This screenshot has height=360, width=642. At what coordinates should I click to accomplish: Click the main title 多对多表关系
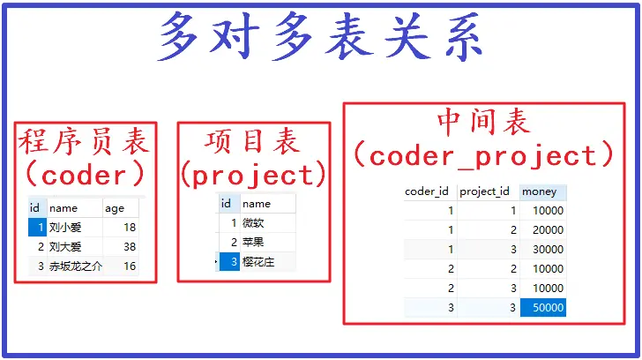click(x=321, y=37)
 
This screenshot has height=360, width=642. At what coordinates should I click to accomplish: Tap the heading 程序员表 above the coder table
click(x=85, y=141)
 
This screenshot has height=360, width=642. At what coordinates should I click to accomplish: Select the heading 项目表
click(x=252, y=141)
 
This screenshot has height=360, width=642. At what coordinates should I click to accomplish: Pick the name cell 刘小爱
click(x=68, y=228)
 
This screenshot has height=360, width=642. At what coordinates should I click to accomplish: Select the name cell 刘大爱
click(x=68, y=247)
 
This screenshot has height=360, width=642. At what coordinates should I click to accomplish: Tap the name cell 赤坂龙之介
click(x=75, y=266)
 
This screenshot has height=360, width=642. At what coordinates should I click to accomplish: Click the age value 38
click(x=129, y=247)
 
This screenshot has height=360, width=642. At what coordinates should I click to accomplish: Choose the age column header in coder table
click(x=116, y=208)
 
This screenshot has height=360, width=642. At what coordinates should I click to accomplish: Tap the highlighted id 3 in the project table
click(x=228, y=262)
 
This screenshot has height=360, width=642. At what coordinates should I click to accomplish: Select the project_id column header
click(x=485, y=191)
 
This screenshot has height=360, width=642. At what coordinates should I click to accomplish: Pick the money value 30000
click(x=545, y=250)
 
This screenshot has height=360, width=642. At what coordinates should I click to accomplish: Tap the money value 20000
click(x=545, y=230)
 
